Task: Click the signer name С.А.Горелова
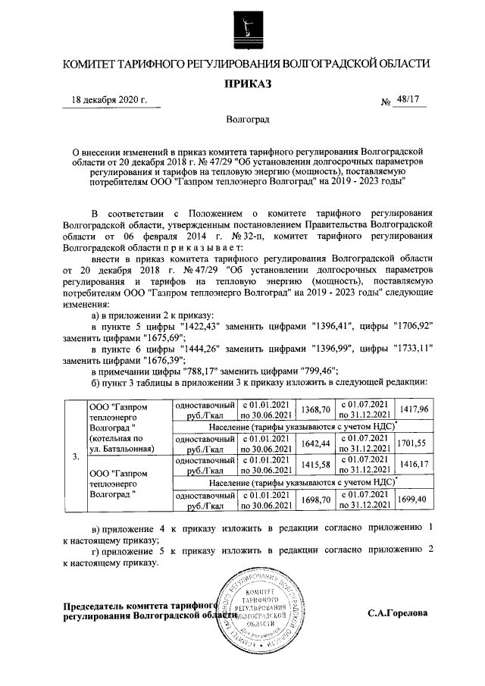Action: pyautogui.click(x=398, y=612)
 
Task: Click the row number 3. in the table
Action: pyautogui.click(x=74, y=457)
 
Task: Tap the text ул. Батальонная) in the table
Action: pyautogui.click(x=125, y=449)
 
